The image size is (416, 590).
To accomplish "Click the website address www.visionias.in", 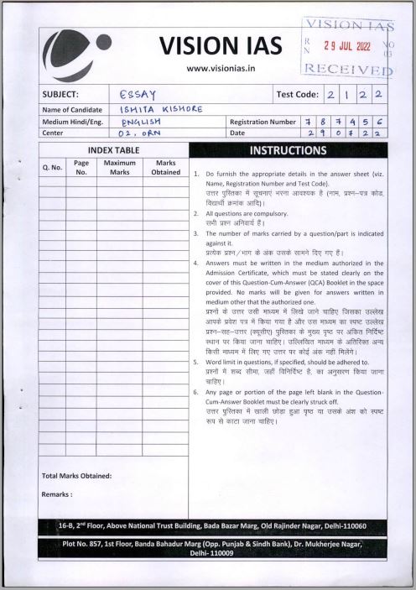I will [221, 69].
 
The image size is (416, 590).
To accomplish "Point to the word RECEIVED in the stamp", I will [347, 68].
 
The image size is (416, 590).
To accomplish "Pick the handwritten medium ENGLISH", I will [139, 122].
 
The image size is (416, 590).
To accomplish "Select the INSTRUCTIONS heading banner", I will [288, 151].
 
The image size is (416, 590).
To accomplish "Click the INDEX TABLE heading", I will [113, 149].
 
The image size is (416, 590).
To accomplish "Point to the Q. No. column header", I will [52, 167].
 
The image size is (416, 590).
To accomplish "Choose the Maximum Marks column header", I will [119, 167].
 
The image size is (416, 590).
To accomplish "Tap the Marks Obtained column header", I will [165, 167].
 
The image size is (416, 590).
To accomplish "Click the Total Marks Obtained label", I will [76, 476].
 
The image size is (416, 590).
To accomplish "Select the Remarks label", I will [56, 494].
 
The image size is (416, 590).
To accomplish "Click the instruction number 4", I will [195, 263].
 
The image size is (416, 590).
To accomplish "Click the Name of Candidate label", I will [75, 109].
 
